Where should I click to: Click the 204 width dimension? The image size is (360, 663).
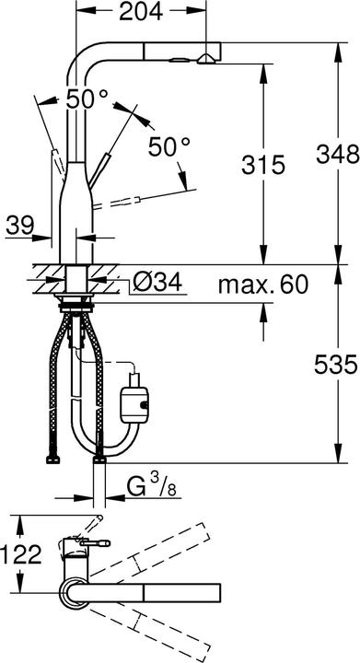[x=141, y=12]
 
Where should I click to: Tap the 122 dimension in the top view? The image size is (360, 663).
[x=21, y=554]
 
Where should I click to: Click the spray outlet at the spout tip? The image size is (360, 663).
[x=204, y=59]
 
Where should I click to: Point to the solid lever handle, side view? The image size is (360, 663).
[x=53, y=147]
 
